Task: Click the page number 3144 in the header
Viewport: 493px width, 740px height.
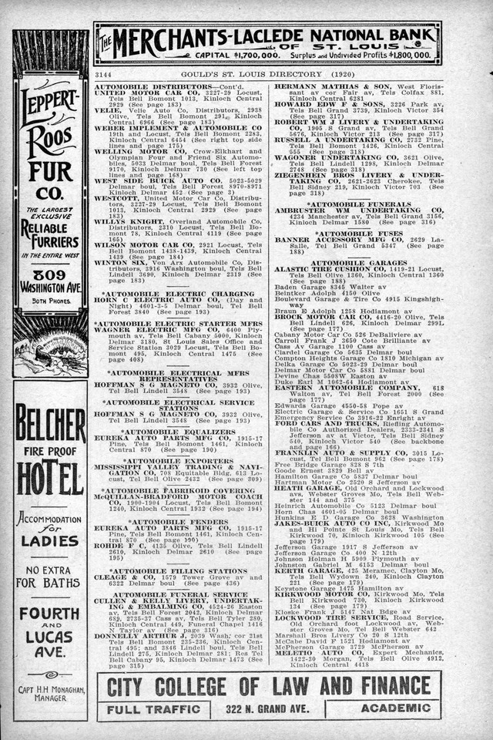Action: [103, 74]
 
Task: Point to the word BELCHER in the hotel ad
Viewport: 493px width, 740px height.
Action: [51, 424]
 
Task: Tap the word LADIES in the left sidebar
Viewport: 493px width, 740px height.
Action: [50, 540]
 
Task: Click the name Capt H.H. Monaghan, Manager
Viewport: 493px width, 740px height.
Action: [50, 693]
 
